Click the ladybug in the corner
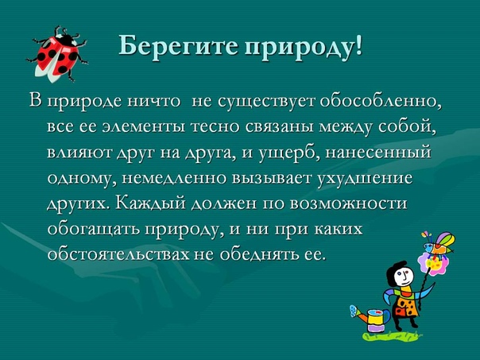tap(57, 55)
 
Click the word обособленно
tap(381, 101)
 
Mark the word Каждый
tap(151, 203)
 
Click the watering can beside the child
tap(370, 318)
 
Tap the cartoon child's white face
tap(402, 276)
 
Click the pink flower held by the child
tap(433, 264)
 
